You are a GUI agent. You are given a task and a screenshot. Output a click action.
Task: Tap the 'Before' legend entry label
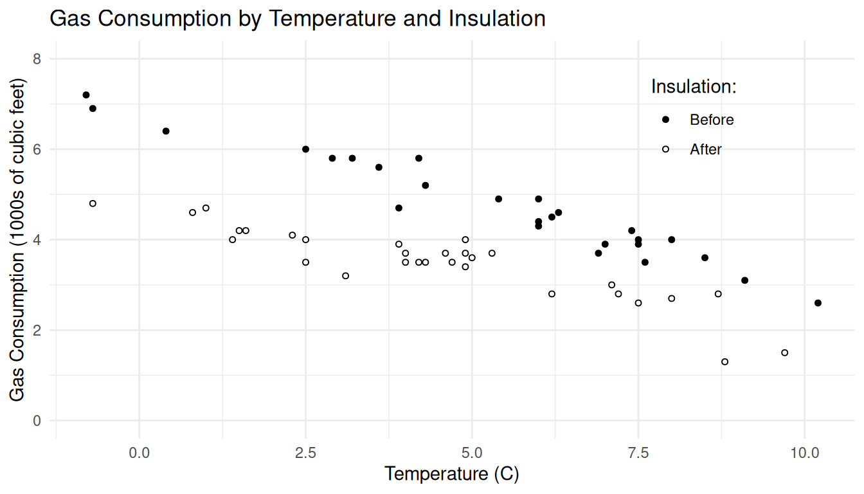(712, 120)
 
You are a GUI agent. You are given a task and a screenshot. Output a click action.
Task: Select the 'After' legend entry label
(706, 149)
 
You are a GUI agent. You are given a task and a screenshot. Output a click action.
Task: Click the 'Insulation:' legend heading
(693, 86)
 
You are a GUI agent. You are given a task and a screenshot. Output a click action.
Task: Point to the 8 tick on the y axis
(37, 59)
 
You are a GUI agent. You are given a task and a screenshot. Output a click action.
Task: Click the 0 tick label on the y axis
(37, 421)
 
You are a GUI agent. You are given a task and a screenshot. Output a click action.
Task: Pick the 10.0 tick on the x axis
(804, 452)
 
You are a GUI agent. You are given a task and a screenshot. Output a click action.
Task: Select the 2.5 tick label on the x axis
(305, 452)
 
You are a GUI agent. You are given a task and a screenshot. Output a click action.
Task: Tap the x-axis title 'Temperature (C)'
(451, 475)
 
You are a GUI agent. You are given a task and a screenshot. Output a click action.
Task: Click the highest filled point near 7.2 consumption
(86, 95)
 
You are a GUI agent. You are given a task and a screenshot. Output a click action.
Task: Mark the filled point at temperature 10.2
(818, 303)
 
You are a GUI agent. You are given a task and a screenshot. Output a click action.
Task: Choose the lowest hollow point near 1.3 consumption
(724, 361)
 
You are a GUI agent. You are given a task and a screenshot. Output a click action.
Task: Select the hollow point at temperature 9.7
(784, 352)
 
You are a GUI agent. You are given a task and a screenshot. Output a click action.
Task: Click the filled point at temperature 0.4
(166, 131)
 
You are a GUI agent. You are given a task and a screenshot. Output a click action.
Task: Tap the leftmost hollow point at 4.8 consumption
(93, 203)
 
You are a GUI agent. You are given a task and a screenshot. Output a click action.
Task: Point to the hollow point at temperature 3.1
(345, 276)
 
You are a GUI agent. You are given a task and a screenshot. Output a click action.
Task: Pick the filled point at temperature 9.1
(744, 280)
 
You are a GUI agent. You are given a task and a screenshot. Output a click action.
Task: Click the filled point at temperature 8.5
(705, 258)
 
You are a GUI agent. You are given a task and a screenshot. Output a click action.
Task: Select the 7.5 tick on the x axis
(638, 452)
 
